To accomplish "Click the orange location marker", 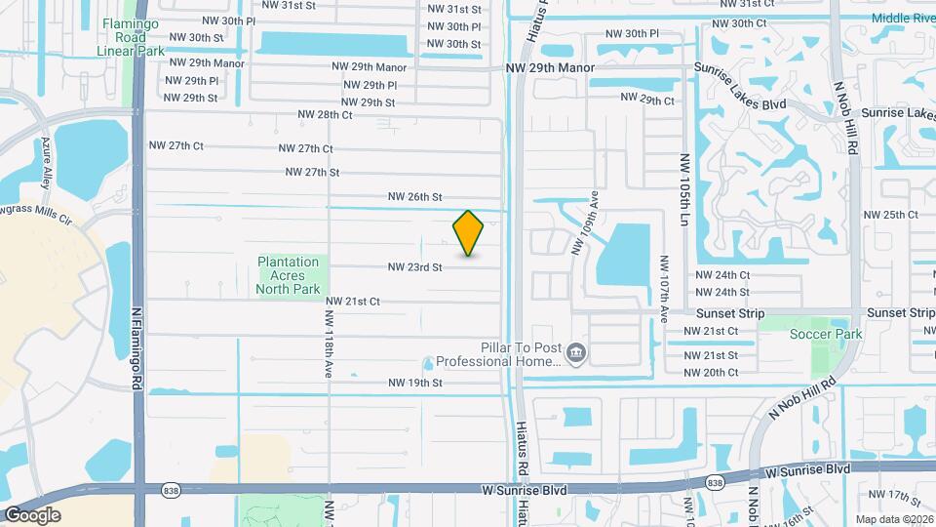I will (469, 233).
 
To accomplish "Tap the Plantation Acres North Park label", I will (289, 275).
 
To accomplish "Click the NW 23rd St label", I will (415, 266).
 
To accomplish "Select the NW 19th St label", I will (415, 383).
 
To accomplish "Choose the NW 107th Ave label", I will (664, 289).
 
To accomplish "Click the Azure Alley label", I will (45, 161).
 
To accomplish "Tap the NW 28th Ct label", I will (321, 114).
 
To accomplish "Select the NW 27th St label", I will (312, 172).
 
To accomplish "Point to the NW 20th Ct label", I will (711, 372).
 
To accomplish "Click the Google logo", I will (32, 514).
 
